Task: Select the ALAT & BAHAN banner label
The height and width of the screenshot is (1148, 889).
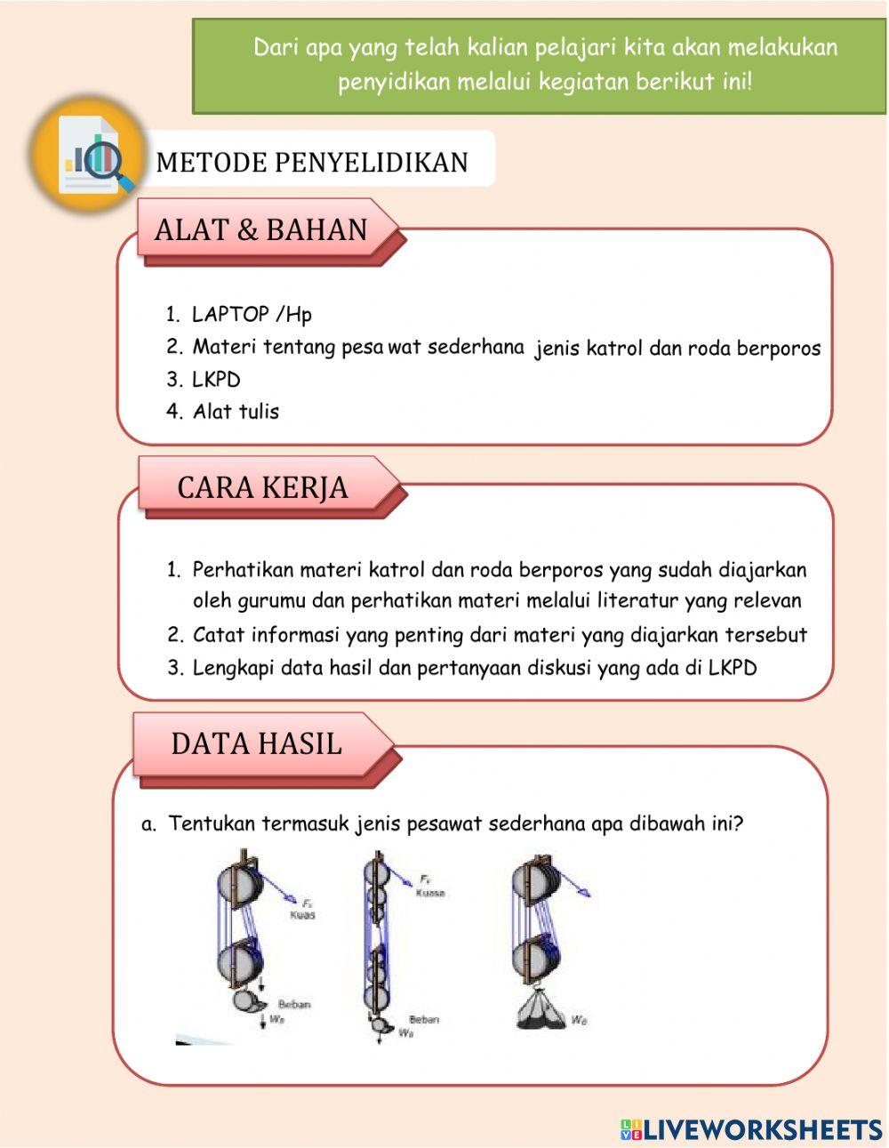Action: tap(260, 230)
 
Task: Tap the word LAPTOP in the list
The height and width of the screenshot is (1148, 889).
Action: tap(230, 315)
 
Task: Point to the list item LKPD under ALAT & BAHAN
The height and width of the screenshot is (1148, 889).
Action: tap(216, 380)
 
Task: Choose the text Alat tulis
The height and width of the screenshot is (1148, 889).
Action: tap(236, 412)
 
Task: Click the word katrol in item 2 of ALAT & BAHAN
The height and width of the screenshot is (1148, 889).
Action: tap(613, 349)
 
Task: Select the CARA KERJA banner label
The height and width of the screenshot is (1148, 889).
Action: tap(262, 488)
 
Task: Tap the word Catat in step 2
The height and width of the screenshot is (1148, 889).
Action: tap(218, 635)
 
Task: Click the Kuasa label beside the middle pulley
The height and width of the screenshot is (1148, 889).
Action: tap(430, 893)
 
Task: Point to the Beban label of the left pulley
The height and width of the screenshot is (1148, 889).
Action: tap(294, 1004)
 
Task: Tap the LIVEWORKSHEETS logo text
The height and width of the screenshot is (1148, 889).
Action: tap(763, 1129)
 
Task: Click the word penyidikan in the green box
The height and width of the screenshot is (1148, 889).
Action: tap(393, 83)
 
